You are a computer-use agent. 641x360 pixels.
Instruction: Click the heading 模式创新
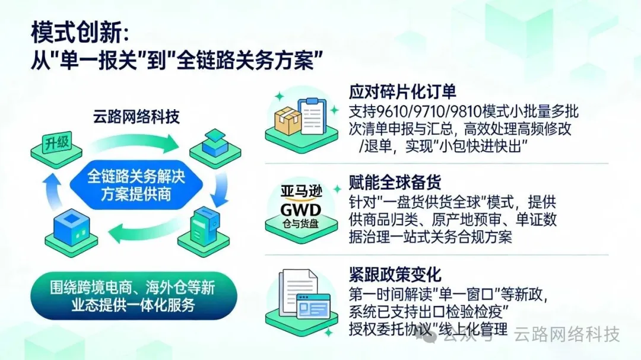(x=78, y=34)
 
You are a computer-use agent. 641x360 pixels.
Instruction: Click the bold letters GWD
(x=300, y=209)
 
